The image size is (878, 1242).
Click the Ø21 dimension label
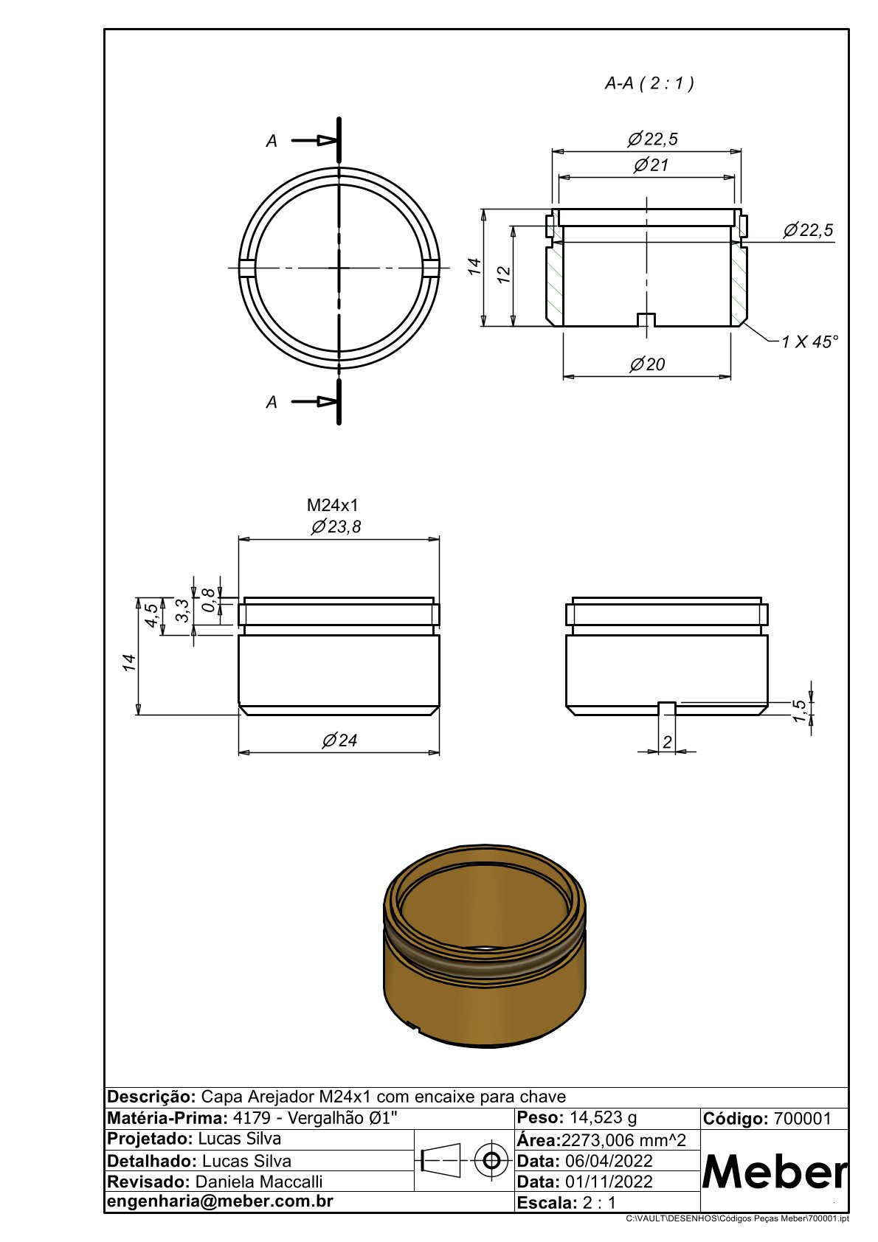(x=651, y=164)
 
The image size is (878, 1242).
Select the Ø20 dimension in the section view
(x=647, y=364)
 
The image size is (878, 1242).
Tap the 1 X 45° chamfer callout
(x=809, y=341)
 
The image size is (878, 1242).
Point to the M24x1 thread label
(x=333, y=505)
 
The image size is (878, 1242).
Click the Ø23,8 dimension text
(x=336, y=526)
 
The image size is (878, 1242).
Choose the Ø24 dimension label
(x=339, y=740)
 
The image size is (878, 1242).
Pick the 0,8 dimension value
(x=209, y=600)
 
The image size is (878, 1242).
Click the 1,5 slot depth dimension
(x=799, y=711)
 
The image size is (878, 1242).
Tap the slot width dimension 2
(x=667, y=742)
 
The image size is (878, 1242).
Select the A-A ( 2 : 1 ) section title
(x=649, y=83)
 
